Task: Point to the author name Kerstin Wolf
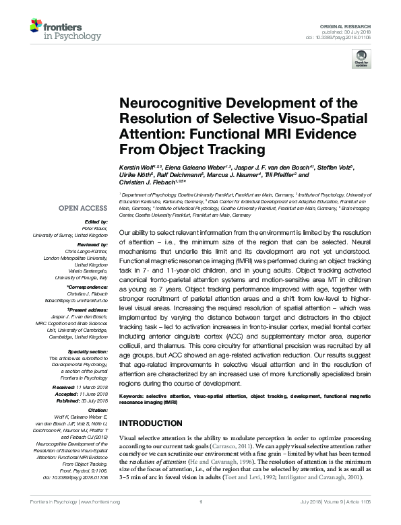click(x=137, y=166)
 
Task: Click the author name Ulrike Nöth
click(x=137, y=174)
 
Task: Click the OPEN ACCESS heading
click(x=82, y=208)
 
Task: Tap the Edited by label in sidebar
click(x=95, y=221)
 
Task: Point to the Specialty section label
click(x=89, y=351)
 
